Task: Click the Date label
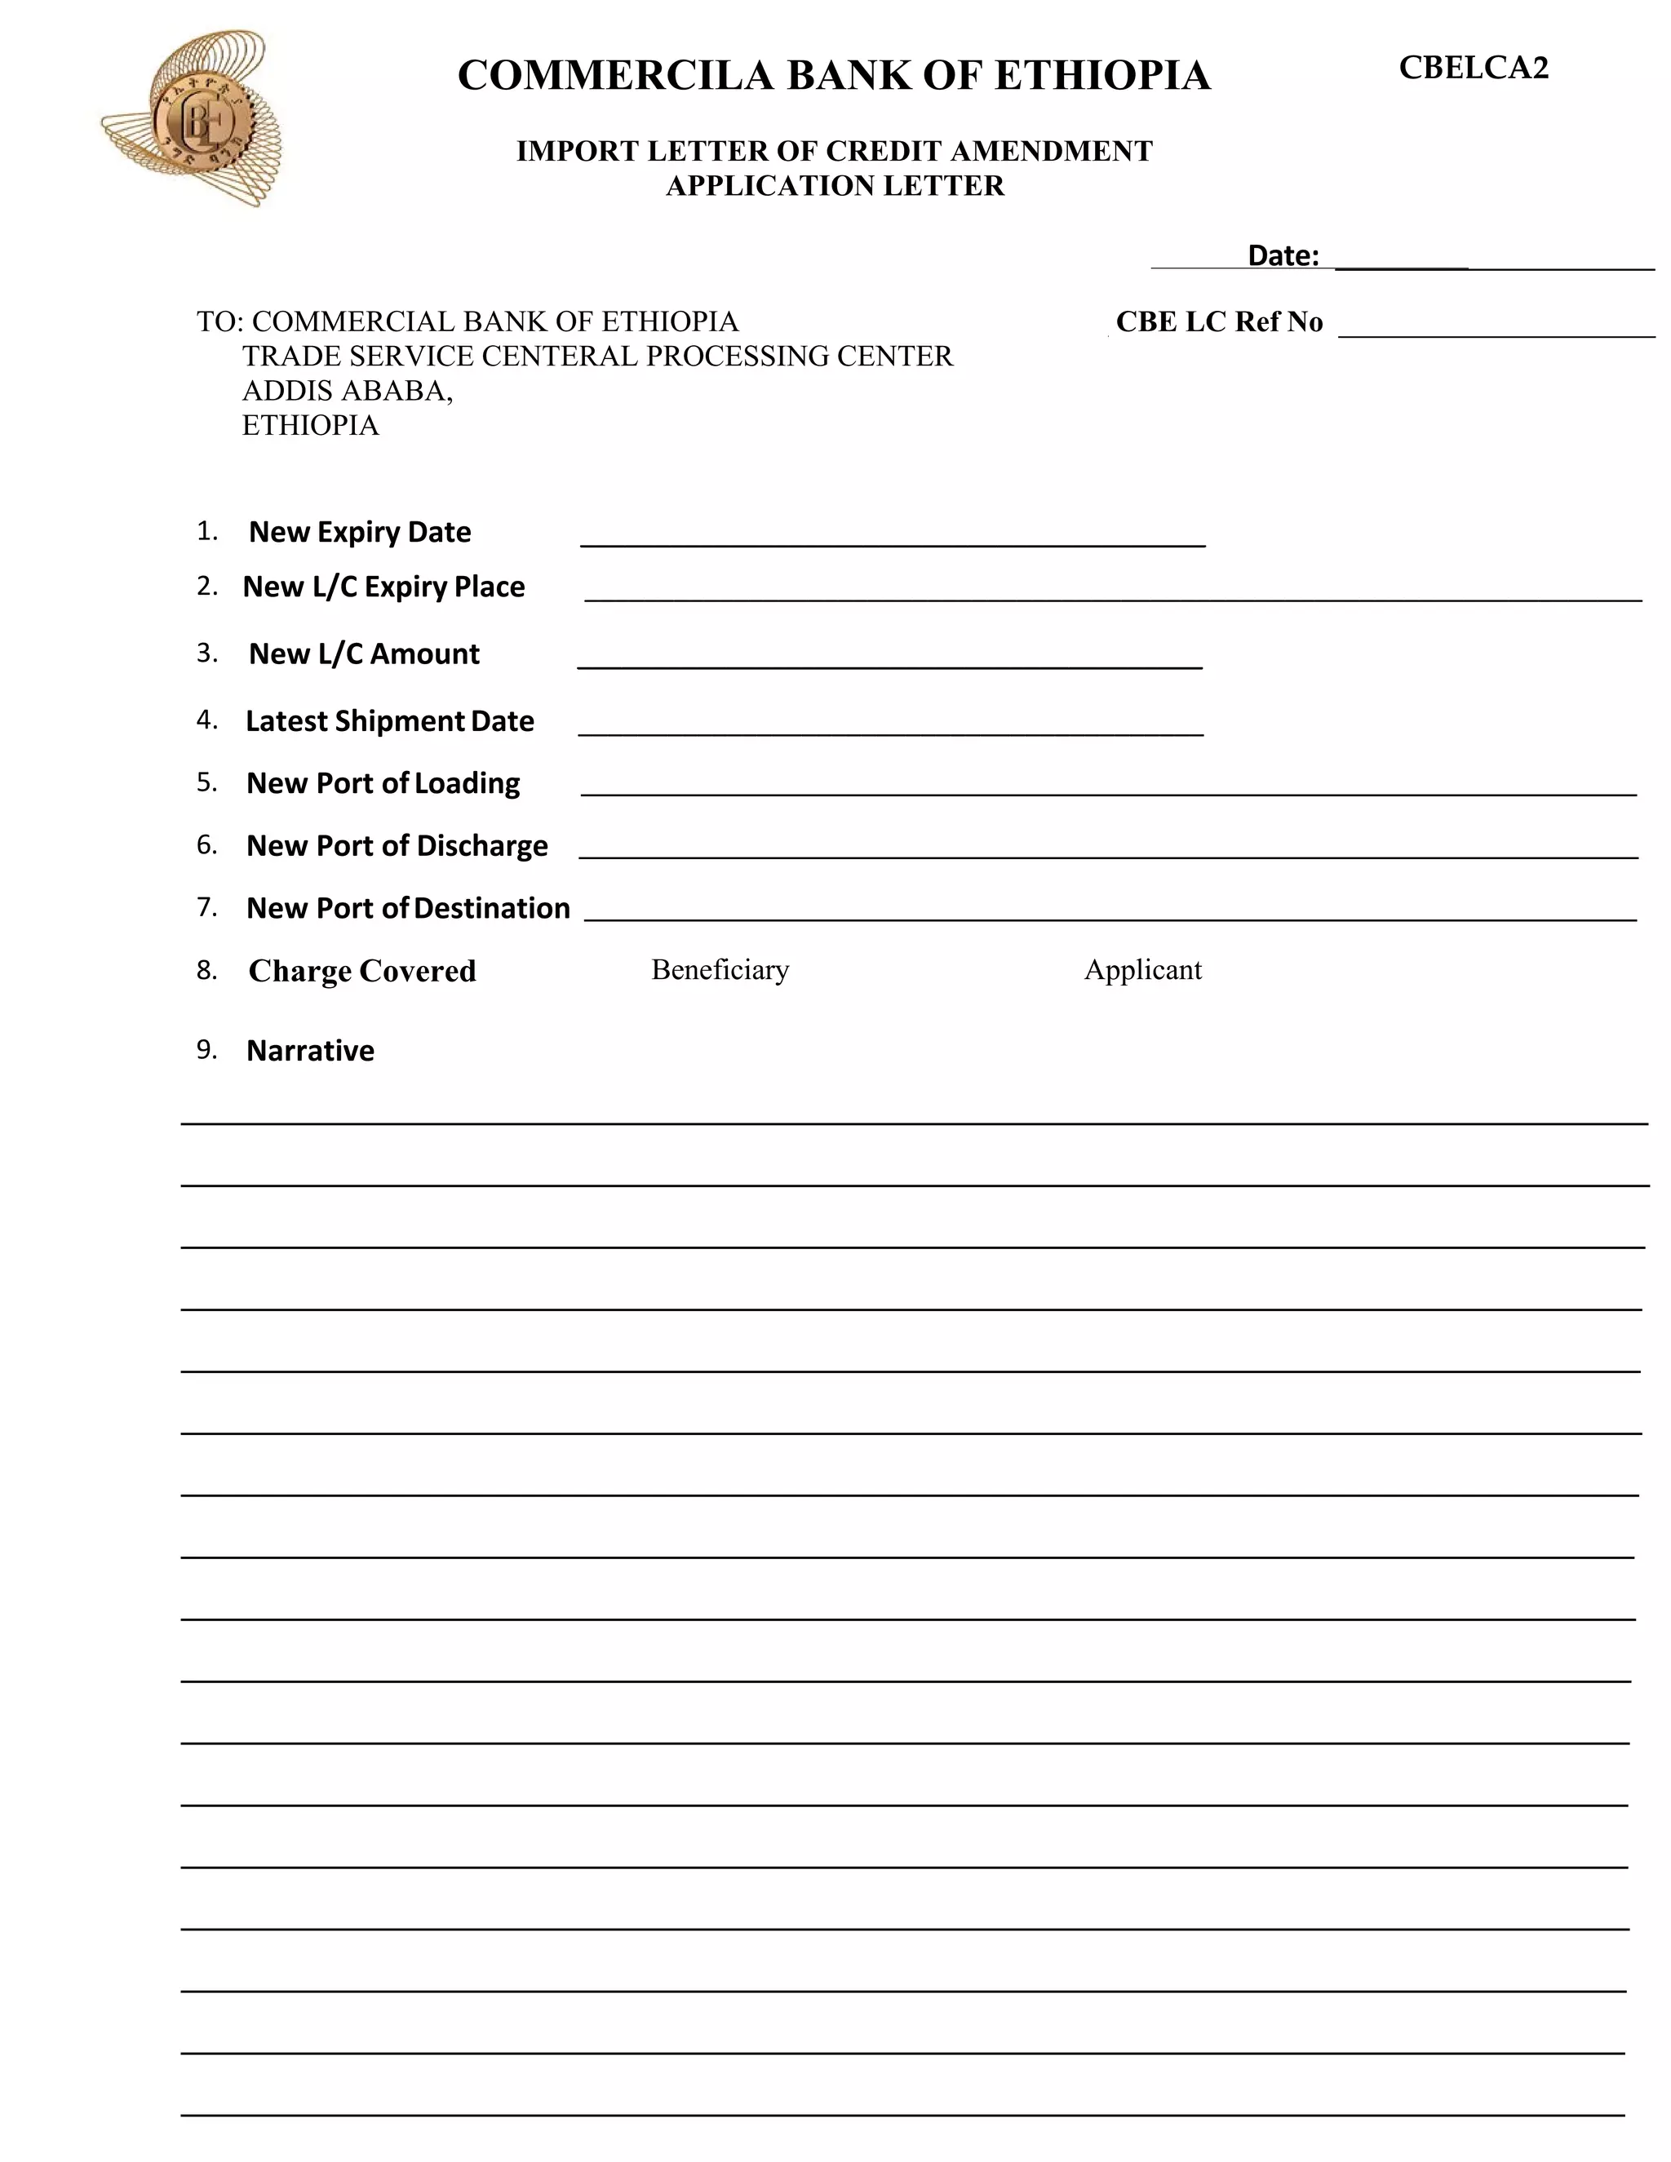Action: pos(1283,255)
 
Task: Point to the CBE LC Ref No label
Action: pos(1219,321)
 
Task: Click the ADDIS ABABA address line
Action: pos(348,391)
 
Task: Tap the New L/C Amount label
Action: pos(363,654)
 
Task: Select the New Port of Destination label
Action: pos(408,909)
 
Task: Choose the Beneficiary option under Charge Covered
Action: pos(720,970)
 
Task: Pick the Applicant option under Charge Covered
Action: pos(1142,970)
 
